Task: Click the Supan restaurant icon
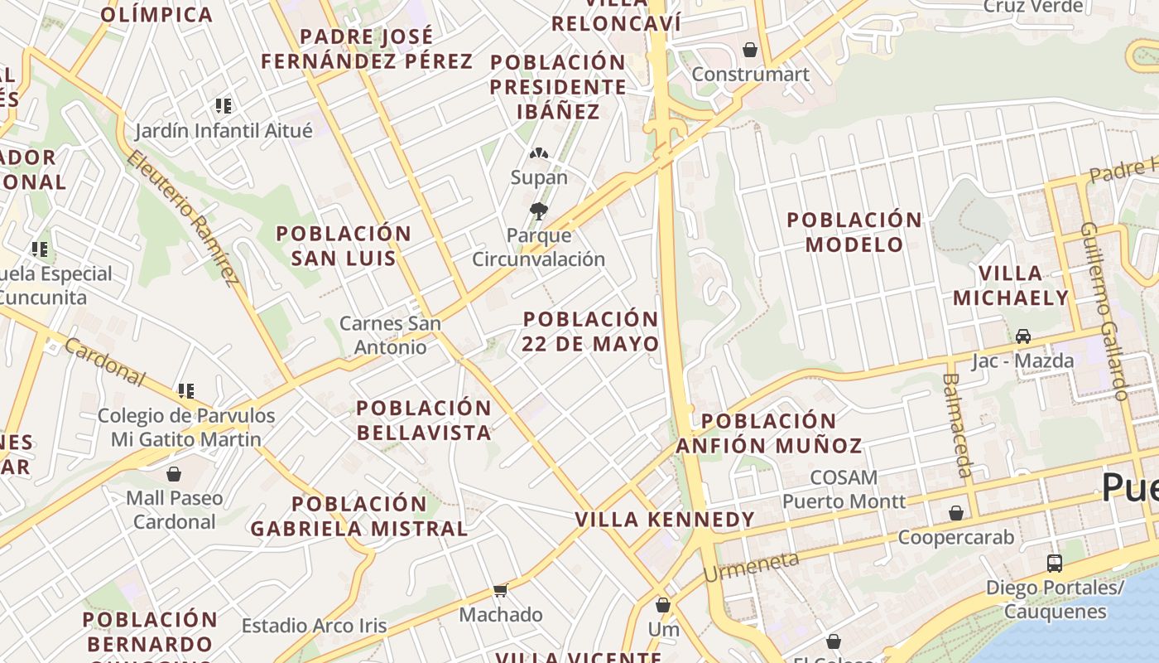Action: click(539, 155)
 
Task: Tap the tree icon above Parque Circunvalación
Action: click(539, 211)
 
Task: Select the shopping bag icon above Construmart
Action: click(750, 51)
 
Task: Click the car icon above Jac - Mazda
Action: click(1023, 336)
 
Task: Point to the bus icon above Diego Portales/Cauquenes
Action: click(1055, 564)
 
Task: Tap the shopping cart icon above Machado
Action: click(500, 591)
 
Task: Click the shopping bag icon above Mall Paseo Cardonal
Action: click(174, 474)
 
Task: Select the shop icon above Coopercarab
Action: click(956, 514)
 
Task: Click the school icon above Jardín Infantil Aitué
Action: click(224, 106)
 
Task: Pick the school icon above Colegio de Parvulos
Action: click(186, 390)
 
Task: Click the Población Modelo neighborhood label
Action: click(855, 232)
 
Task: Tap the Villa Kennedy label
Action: click(665, 520)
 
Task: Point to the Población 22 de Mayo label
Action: click(591, 331)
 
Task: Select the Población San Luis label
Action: click(344, 245)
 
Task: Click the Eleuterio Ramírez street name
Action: click(184, 216)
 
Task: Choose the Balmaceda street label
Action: click(957, 424)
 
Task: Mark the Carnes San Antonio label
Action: click(391, 335)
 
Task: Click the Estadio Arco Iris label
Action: click(314, 626)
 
